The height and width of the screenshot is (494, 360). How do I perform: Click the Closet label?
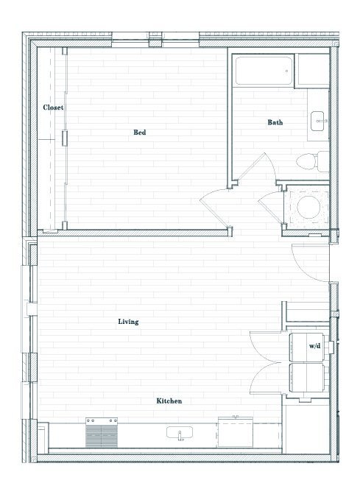click(53, 107)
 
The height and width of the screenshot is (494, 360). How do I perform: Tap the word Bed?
click(139, 133)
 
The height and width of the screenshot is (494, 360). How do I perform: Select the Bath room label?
click(275, 122)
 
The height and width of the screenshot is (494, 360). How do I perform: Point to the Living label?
click(129, 322)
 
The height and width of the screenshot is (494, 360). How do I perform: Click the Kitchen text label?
click(169, 401)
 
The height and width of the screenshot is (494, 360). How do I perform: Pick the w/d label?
click(314, 345)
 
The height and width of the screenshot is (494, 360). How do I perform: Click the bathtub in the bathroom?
click(264, 74)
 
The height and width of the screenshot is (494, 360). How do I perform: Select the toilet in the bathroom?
click(309, 160)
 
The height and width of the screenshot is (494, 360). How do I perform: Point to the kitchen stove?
click(102, 434)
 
